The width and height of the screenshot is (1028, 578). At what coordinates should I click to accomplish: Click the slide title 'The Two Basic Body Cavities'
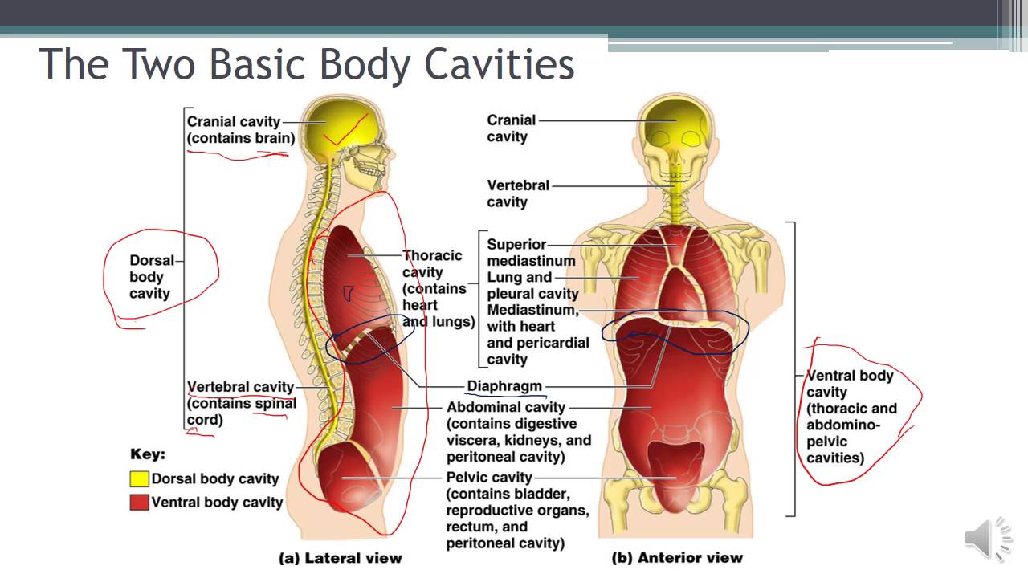(x=306, y=64)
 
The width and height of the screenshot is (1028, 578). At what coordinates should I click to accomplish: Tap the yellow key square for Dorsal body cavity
(x=139, y=479)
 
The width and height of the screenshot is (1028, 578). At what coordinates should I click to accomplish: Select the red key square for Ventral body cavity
(x=139, y=503)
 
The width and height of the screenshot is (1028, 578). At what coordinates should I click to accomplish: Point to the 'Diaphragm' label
(x=504, y=386)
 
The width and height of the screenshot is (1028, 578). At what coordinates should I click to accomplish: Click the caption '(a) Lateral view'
(x=340, y=557)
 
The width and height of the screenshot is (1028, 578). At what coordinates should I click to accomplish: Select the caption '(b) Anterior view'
(x=677, y=557)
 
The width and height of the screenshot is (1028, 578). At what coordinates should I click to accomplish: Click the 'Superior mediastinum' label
(x=531, y=252)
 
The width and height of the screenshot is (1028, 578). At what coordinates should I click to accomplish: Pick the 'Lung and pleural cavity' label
(x=532, y=286)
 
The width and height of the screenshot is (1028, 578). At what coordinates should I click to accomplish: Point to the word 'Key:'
(x=148, y=454)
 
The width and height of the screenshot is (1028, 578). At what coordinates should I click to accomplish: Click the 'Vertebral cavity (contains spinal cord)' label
(x=241, y=403)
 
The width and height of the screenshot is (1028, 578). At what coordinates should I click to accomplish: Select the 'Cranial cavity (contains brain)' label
(x=240, y=129)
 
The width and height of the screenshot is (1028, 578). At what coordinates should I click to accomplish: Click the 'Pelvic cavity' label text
(x=489, y=478)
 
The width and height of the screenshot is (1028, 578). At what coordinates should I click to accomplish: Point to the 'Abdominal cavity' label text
(x=506, y=407)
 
